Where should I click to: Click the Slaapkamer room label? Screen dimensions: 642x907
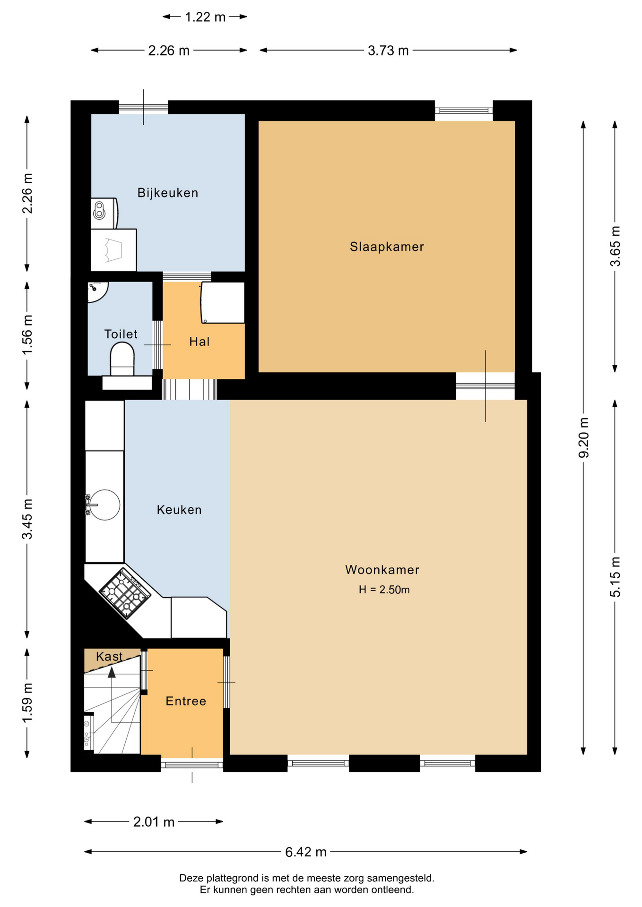click(x=387, y=247)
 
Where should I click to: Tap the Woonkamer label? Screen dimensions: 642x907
click(x=382, y=570)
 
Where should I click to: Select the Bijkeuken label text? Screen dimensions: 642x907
click(x=168, y=193)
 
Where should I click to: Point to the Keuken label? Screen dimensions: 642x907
click(x=179, y=510)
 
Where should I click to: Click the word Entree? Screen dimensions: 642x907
click(x=186, y=701)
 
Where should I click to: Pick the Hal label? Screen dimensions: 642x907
click(x=200, y=342)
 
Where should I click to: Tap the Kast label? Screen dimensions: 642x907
click(x=109, y=656)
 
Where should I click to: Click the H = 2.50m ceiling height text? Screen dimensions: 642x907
click(x=384, y=590)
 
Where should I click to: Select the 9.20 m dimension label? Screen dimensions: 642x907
click(x=584, y=438)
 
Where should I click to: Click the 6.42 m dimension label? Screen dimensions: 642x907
click(x=306, y=852)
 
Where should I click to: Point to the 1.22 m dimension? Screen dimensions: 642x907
click(x=205, y=17)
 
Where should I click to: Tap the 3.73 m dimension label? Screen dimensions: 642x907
click(x=388, y=50)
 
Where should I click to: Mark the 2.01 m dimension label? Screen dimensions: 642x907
click(x=154, y=822)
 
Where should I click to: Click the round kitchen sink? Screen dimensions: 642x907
click(x=104, y=505)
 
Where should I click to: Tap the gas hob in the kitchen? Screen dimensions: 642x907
click(x=125, y=593)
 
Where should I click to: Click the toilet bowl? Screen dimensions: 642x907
click(x=122, y=359)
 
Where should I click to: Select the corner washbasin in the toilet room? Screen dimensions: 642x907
click(x=96, y=290)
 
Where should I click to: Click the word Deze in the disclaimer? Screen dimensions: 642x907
click(x=191, y=878)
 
